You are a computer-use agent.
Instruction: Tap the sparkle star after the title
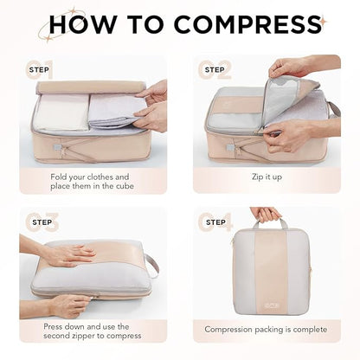pyautogui.click(x=324, y=18)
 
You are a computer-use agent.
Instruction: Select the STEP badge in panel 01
pyautogui.click(x=39, y=68)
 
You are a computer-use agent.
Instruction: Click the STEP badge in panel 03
pyautogui.click(x=39, y=222)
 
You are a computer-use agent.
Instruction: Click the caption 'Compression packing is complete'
pyautogui.click(x=266, y=330)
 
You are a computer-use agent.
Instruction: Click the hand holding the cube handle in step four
pyautogui.click(x=265, y=214)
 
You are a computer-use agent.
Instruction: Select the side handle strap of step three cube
pyautogui.click(x=152, y=264)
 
